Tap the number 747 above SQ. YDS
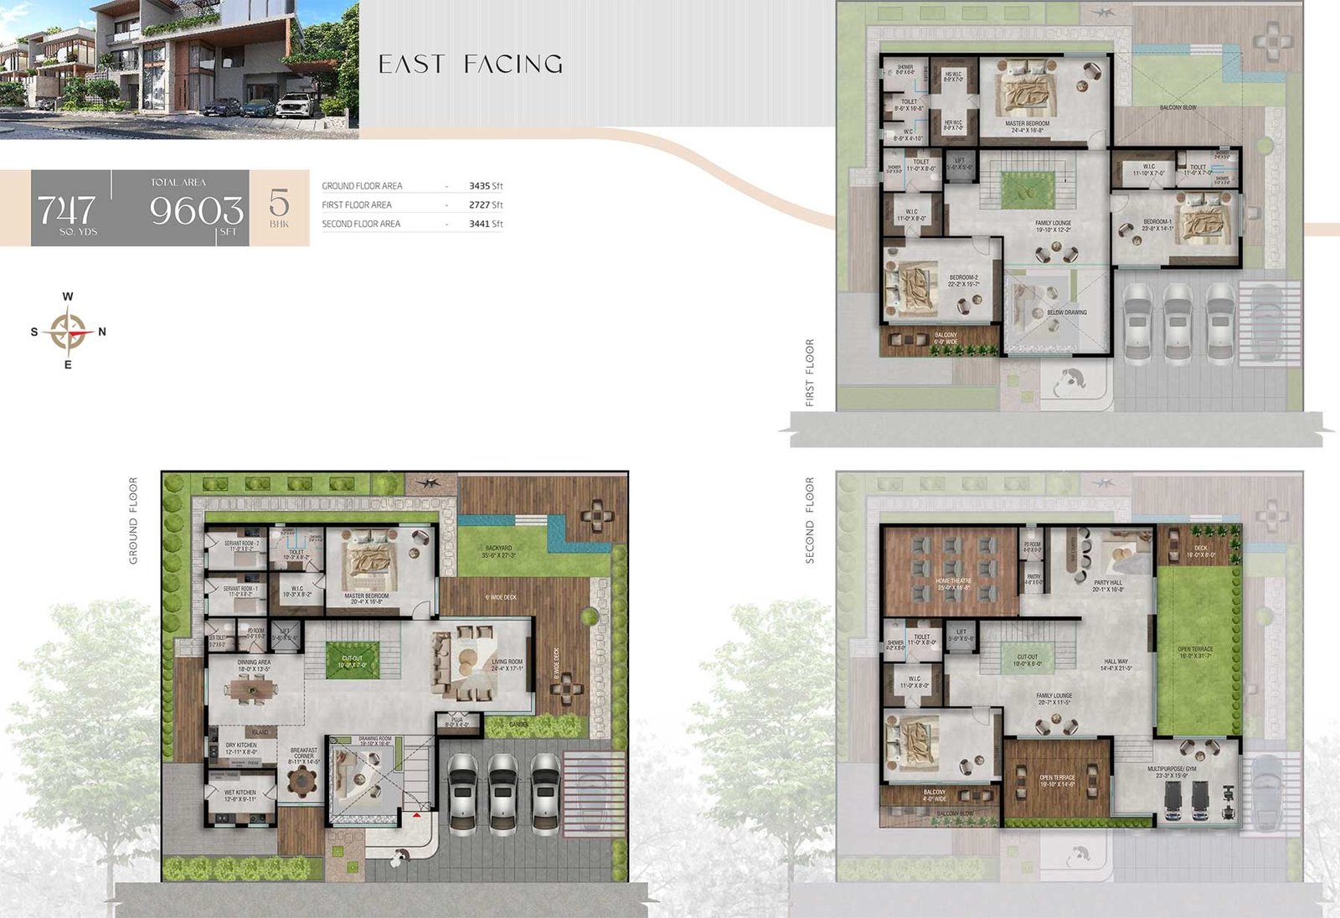66,209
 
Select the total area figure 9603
196,209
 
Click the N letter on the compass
102,332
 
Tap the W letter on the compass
68,297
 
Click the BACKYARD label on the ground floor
498,549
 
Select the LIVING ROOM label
507,662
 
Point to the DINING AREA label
254,663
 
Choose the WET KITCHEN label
240,792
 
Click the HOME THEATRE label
954,580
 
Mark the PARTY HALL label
1107,582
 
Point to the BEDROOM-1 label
1157,222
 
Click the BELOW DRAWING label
1067,312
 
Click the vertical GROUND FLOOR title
133,520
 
